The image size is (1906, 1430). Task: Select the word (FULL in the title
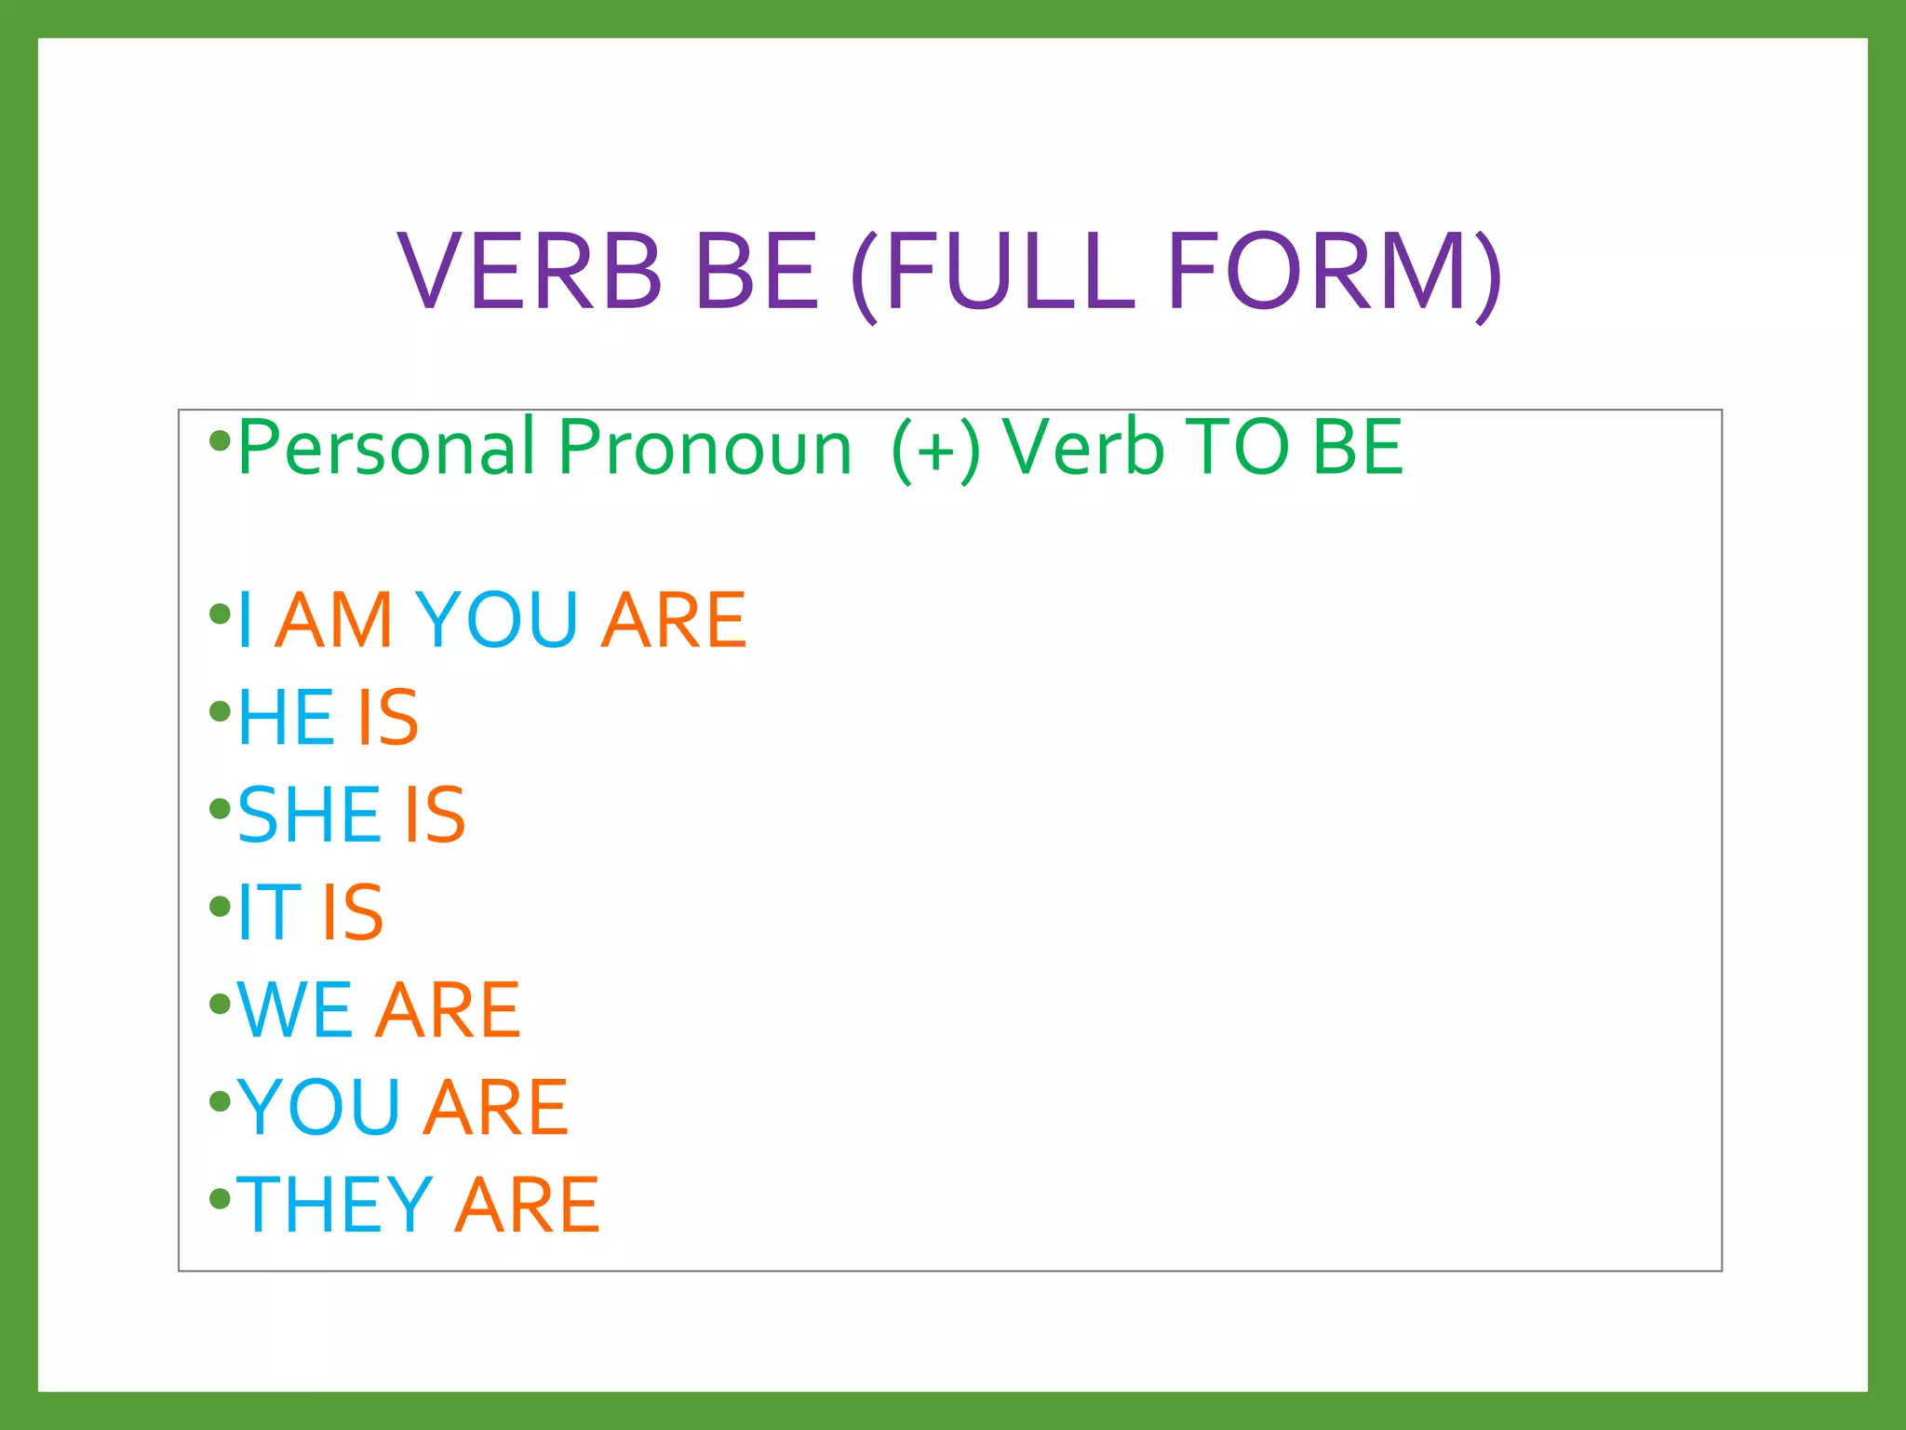pyautogui.click(x=992, y=272)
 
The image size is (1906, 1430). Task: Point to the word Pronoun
pyautogui.click(x=705, y=448)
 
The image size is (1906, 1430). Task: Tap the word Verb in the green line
pyautogui.click(x=1083, y=448)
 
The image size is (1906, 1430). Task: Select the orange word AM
pyautogui.click(x=334, y=620)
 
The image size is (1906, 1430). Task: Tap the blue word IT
pyautogui.click(x=269, y=912)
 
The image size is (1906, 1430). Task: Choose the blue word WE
pyautogui.click(x=294, y=1010)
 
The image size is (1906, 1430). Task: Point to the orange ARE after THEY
pyautogui.click(x=530, y=1205)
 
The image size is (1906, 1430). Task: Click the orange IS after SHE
pyautogui.click(x=435, y=816)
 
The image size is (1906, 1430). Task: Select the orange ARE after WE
pyautogui.click(x=448, y=1010)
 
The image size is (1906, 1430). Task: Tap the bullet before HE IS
pyautogui.click(x=220, y=712)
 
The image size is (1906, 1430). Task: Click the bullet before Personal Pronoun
pyautogui.click(x=220, y=440)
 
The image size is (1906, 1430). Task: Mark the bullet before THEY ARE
pyautogui.click(x=220, y=1198)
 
